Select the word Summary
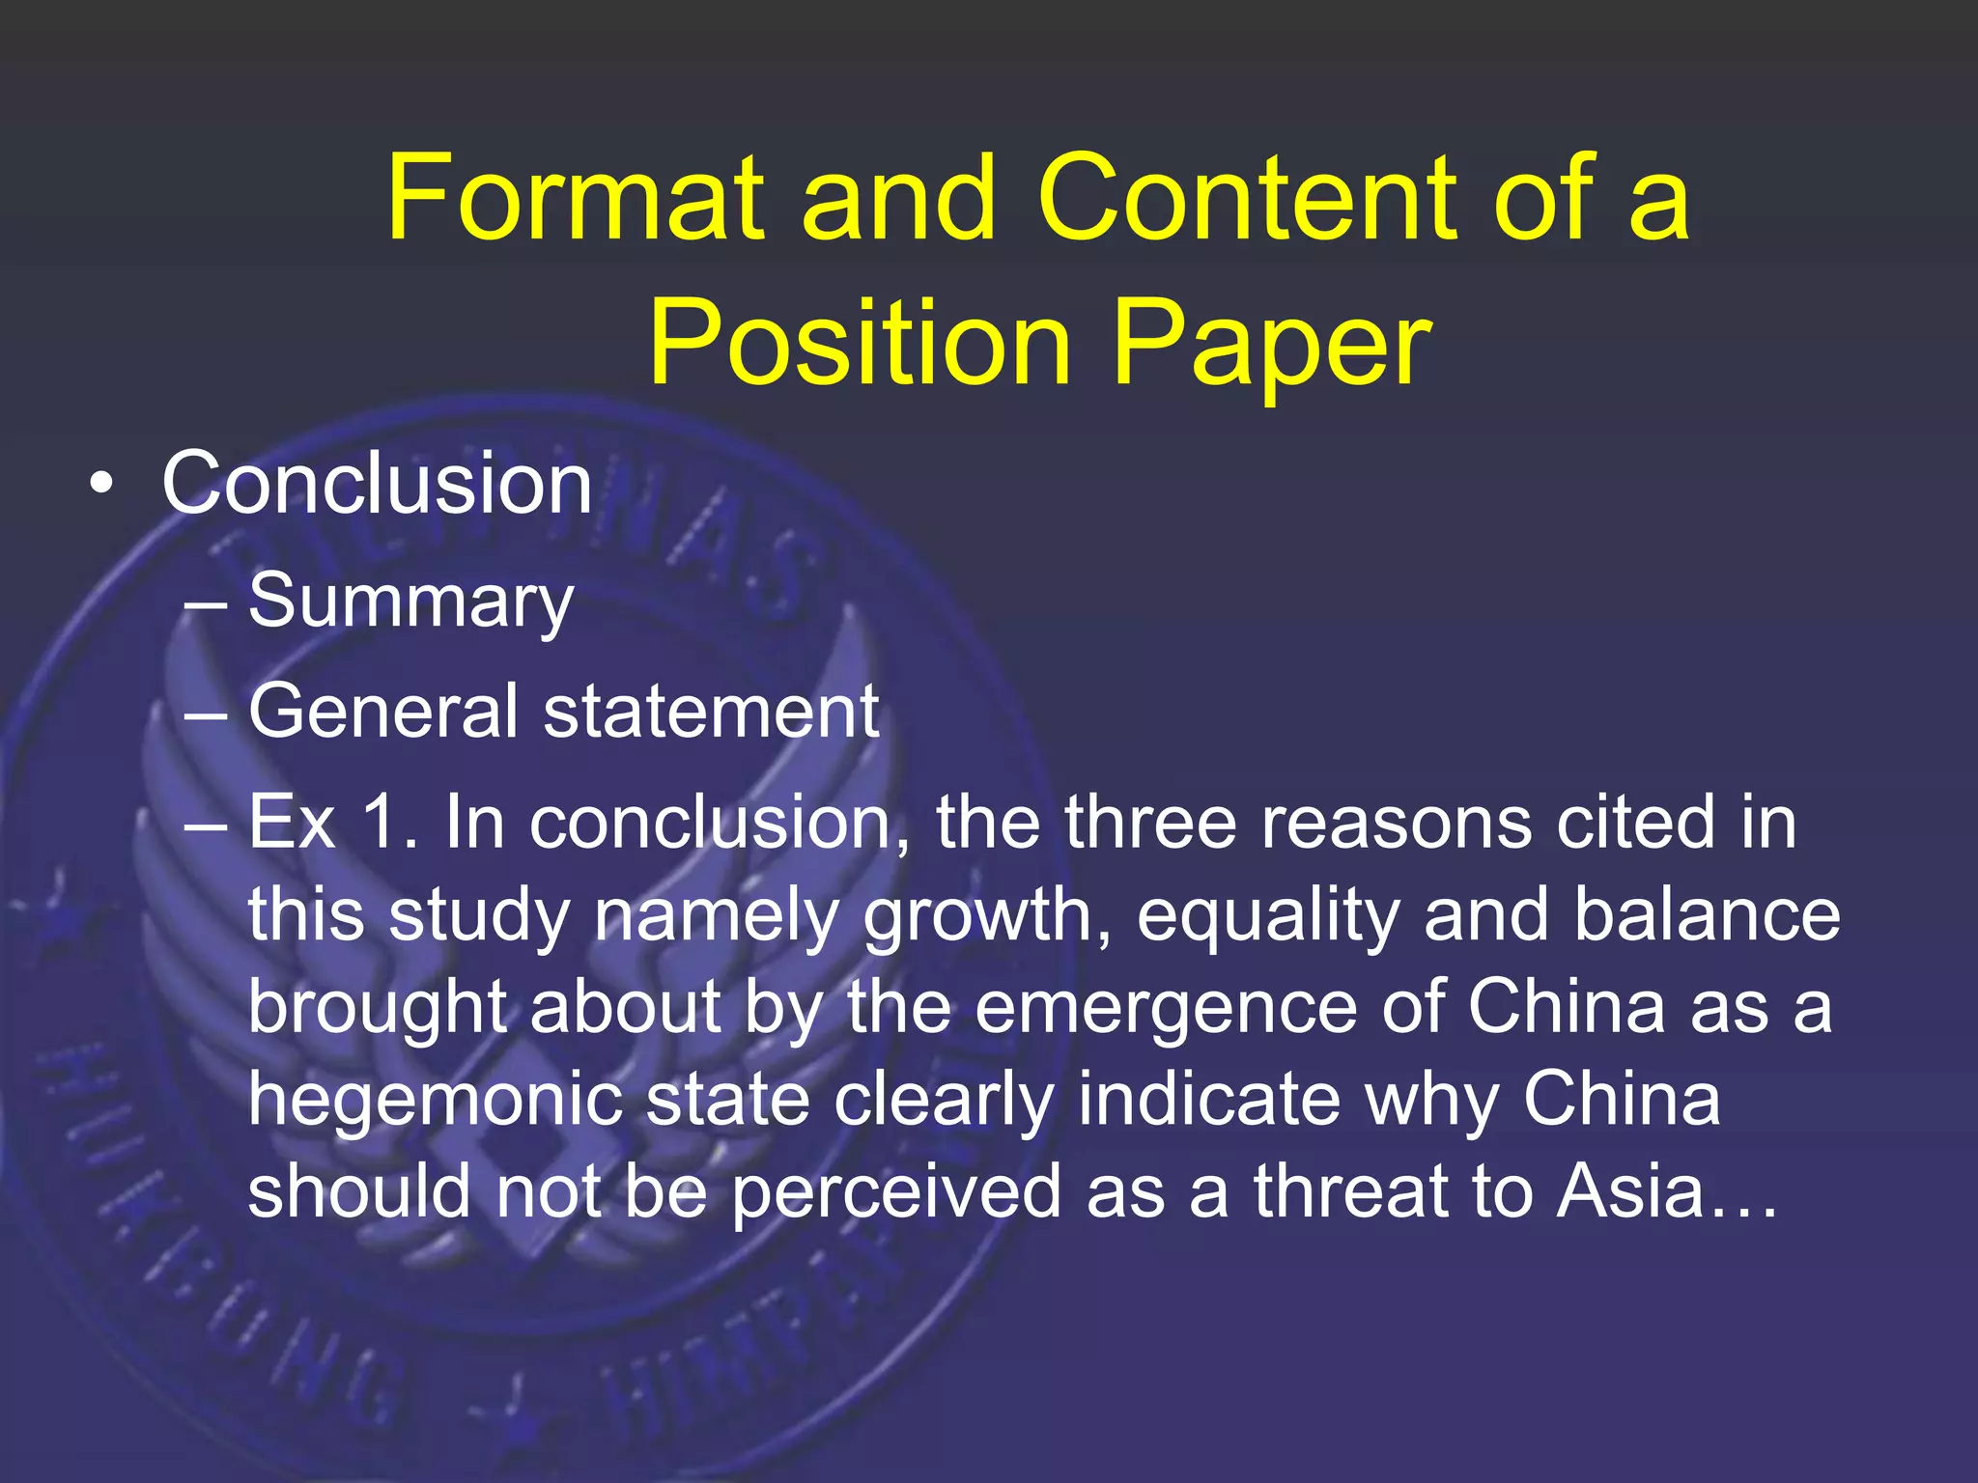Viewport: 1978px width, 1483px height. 411,601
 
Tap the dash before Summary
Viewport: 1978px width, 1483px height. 205,604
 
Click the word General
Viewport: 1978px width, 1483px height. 382,712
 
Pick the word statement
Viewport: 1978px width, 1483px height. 711,712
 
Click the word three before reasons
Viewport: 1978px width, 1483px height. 1150,823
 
